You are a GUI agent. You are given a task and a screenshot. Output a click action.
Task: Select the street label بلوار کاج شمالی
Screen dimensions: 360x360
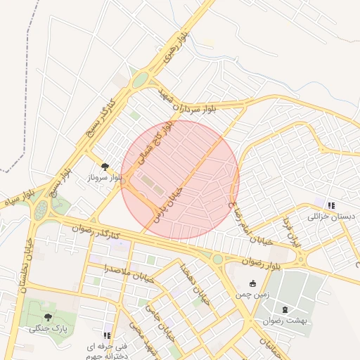click(156, 143)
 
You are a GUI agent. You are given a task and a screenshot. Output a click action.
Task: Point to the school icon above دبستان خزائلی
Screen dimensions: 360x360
click(332, 205)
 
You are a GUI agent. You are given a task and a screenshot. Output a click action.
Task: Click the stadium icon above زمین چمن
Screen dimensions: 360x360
click(252, 283)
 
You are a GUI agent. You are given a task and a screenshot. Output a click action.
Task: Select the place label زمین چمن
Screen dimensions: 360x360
click(252, 295)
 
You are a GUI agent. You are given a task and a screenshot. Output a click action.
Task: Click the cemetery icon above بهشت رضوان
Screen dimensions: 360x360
click(284, 309)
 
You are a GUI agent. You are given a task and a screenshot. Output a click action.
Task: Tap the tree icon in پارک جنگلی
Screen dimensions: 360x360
click(48, 317)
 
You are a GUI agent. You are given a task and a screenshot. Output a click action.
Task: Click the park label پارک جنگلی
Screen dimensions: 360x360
click(48, 329)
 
